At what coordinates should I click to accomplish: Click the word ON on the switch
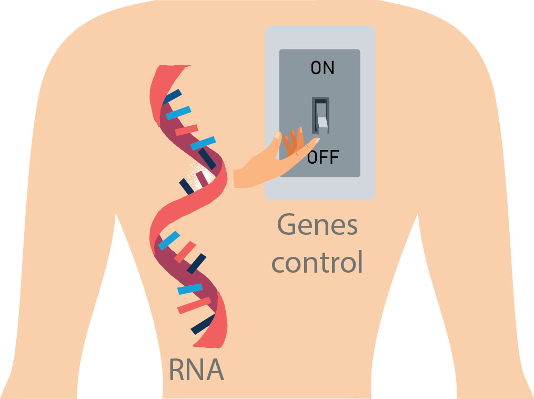click(x=323, y=68)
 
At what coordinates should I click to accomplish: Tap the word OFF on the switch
click(x=323, y=156)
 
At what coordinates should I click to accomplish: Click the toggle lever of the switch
click(x=321, y=116)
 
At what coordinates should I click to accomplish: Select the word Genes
click(x=317, y=226)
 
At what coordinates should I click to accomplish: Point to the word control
click(x=317, y=262)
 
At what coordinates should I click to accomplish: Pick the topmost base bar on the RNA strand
click(x=172, y=97)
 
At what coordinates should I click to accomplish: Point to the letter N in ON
click(x=329, y=68)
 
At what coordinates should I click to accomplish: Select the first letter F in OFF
click(x=323, y=156)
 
